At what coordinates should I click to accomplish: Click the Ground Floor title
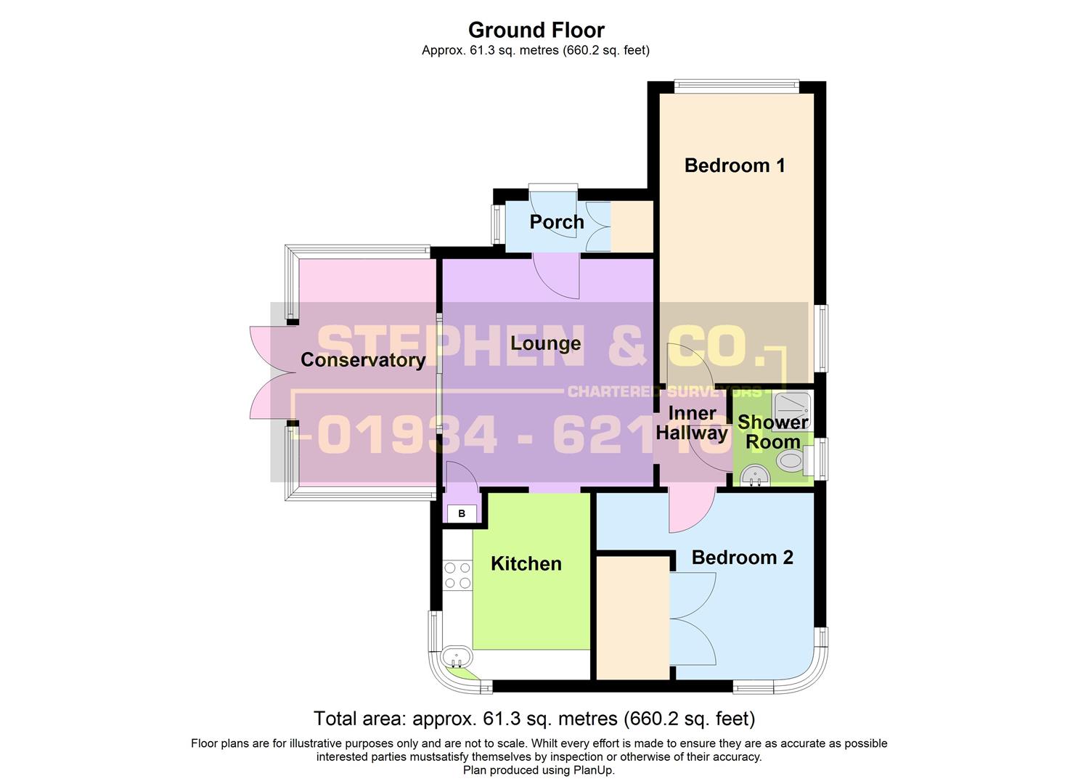pyautogui.click(x=536, y=30)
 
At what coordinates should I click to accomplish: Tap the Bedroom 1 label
pyautogui.click(x=735, y=166)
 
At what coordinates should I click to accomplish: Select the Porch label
pyautogui.click(x=556, y=222)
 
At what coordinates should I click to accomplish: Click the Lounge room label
pyautogui.click(x=545, y=343)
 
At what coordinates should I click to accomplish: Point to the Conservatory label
pyautogui.click(x=362, y=360)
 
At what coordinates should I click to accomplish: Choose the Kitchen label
pyautogui.click(x=526, y=564)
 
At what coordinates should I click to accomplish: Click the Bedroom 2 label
pyautogui.click(x=742, y=558)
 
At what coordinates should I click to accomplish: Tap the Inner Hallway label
pyautogui.click(x=692, y=423)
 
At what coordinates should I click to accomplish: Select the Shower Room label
pyautogui.click(x=772, y=432)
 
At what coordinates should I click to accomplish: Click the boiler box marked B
pyautogui.click(x=462, y=514)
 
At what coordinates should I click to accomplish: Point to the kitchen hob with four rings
pyautogui.click(x=457, y=575)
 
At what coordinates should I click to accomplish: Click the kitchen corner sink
pyautogui.click(x=457, y=658)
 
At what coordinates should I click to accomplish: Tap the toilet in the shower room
pyautogui.click(x=790, y=460)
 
